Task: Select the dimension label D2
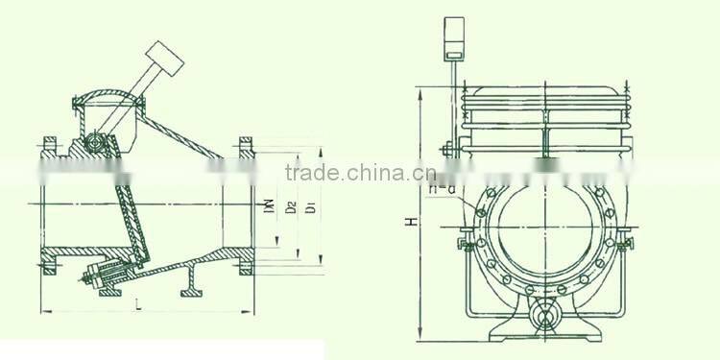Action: pyautogui.click(x=290, y=206)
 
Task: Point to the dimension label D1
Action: pyautogui.click(x=309, y=206)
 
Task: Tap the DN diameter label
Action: pyautogui.click(x=271, y=205)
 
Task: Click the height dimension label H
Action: pyautogui.click(x=410, y=222)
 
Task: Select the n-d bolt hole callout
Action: pyautogui.click(x=443, y=188)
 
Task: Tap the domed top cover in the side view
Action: pyautogui.click(x=105, y=97)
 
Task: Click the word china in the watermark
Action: pyautogui.click(x=369, y=173)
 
